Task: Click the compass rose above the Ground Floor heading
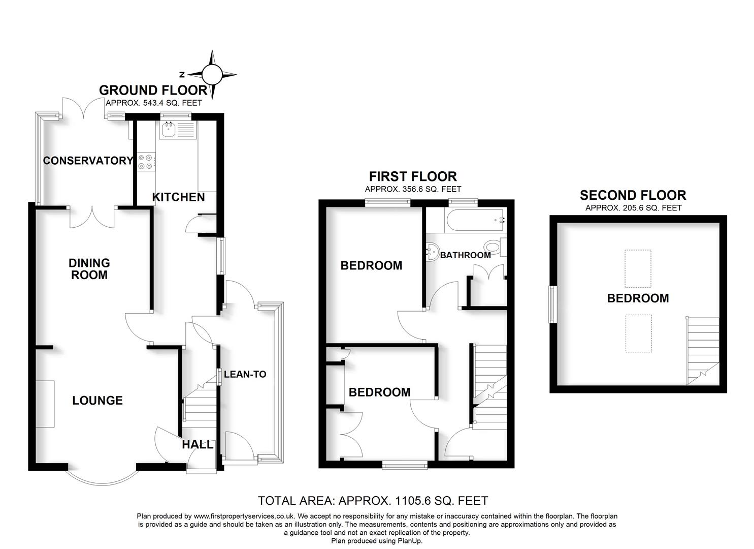[x=213, y=75]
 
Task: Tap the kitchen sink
[x=168, y=130]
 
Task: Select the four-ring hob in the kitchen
[x=145, y=161]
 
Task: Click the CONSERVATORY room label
[x=88, y=161]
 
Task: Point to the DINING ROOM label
[x=89, y=269]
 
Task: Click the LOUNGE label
[x=97, y=401]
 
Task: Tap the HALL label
[x=198, y=444]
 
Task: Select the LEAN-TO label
[x=245, y=374]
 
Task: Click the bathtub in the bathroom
[x=475, y=220]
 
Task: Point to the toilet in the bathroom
[x=495, y=248]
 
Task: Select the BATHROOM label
[x=465, y=255]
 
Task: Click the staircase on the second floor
[x=702, y=351]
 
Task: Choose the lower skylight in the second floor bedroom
[x=638, y=333]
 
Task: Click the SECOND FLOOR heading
[x=633, y=195]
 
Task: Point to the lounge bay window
[x=103, y=478]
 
